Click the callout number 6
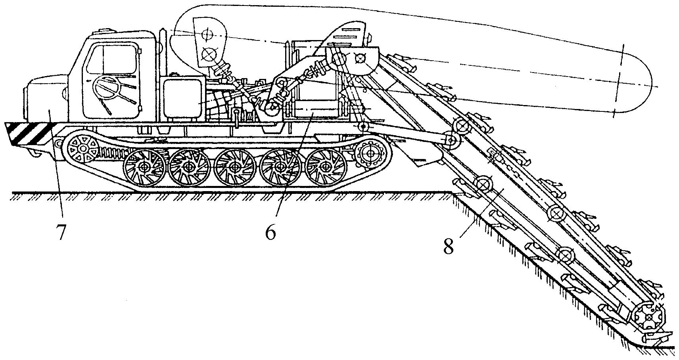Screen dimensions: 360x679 pos(270,232)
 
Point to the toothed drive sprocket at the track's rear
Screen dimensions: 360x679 pos(370,153)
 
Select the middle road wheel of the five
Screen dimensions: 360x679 pos(234,167)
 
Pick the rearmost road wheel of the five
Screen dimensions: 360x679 pos(325,166)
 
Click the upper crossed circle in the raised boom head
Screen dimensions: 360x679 pos(207,35)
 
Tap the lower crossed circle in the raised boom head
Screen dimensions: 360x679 pos(207,53)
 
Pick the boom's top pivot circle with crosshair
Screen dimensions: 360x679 pos(360,58)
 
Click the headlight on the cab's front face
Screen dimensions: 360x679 pos(65,94)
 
